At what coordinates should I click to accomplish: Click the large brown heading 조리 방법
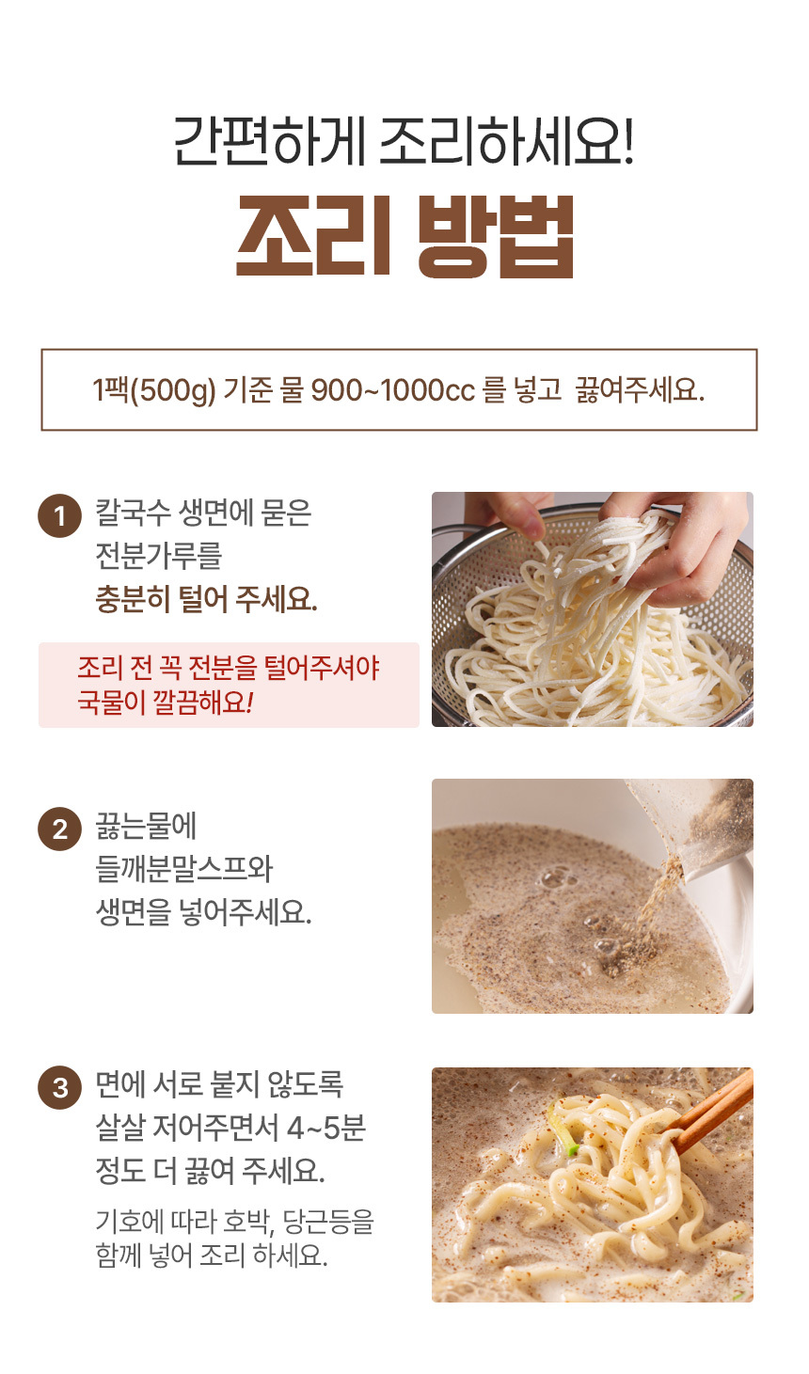coord(404,237)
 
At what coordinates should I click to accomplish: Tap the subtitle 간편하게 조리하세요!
coord(404,140)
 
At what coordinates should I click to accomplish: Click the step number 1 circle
coord(59,516)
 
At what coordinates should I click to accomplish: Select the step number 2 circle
coord(59,829)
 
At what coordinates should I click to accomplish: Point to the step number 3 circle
coord(59,1087)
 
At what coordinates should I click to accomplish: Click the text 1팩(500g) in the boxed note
coord(154,390)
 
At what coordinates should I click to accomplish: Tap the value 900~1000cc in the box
coord(392,390)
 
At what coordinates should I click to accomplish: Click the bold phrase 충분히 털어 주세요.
coord(206,599)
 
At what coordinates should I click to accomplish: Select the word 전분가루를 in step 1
coord(158,556)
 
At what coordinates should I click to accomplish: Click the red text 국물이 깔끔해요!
coord(165,702)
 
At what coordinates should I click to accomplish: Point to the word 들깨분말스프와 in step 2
coord(183,869)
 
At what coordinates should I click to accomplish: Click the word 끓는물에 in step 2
coord(146,826)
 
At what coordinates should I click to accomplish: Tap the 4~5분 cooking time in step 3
coord(326,1128)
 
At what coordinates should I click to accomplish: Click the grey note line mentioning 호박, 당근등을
coord(234,1222)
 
